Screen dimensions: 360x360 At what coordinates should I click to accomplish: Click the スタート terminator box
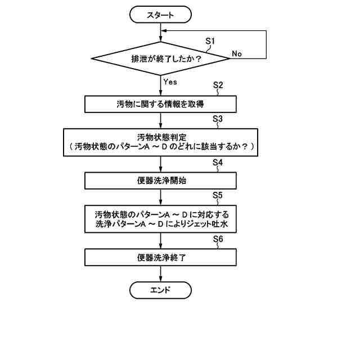pos(161,16)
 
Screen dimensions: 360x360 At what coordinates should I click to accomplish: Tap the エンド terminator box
pos(161,290)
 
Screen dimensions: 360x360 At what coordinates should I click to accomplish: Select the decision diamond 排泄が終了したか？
pos(161,57)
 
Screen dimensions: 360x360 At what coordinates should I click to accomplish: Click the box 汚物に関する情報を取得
pos(161,104)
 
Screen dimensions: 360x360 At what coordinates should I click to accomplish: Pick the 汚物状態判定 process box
pos(161,142)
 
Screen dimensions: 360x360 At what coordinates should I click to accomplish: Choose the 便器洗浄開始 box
pos(161,181)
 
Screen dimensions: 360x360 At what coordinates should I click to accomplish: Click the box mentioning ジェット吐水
pos(161,219)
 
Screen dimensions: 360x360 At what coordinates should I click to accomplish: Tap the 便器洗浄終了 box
pos(161,258)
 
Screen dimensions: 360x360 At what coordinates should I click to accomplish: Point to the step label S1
pos(210,41)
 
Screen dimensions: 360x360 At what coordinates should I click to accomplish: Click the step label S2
pos(219,85)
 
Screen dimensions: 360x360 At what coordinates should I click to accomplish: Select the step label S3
pos(219,119)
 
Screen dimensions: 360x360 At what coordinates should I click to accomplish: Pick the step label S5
pos(219,195)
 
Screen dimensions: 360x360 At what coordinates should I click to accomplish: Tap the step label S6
pos(219,239)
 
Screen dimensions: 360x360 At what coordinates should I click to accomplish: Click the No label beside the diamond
pos(237,53)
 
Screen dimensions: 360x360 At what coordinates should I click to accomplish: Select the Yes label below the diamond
pos(170,82)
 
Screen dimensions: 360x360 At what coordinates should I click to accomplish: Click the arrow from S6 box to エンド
pos(161,274)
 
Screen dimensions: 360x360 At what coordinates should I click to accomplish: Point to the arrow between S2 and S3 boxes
pos(161,120)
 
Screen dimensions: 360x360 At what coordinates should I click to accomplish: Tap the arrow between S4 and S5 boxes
pos(161,197)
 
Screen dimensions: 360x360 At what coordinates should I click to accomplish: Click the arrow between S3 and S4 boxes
pos(161,164)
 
